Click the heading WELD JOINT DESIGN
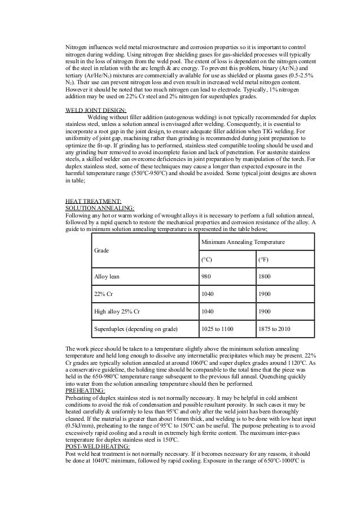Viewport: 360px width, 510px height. (x=96, y=111)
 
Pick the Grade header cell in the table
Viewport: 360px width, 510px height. (x=102, y=249)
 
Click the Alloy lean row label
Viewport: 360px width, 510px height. (x=107, y=276)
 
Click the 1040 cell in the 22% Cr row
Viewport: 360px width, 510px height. (x=208, y=294)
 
